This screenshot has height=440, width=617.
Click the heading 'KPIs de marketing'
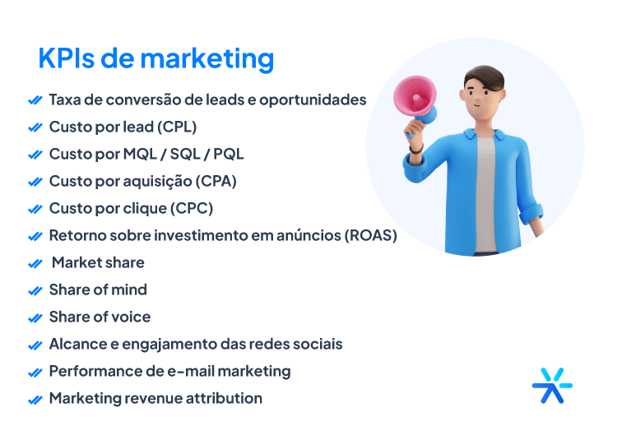coord(155,59)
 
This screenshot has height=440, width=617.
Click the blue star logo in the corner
coord(552,384)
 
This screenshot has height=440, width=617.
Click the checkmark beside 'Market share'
coord(35,263)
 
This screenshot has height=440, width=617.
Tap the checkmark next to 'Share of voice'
coord(35,317)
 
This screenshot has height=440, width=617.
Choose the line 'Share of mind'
coord(98,289)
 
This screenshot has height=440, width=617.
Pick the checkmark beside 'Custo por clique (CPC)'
coord(35,209)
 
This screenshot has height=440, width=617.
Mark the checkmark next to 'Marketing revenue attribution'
coord(35,399)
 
